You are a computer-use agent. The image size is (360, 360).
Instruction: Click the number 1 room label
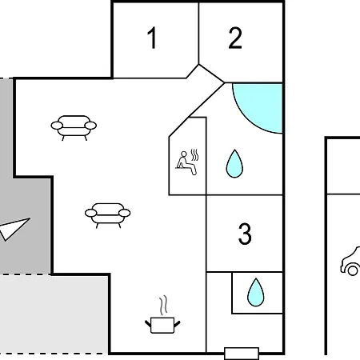(152, 38)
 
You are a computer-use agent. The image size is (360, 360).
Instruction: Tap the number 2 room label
(235, 38)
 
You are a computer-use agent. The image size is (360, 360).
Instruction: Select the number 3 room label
(245, 234)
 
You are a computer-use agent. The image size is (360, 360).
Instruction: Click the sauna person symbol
(186, 163)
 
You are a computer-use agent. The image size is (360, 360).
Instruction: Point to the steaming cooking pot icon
(162, 325)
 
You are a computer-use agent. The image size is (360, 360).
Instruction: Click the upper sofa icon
(74, 128)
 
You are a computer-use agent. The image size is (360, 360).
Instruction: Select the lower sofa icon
(108, 215)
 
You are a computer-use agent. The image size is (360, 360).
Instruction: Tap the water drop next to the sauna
(234, 163)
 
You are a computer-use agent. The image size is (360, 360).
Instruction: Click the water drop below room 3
(256, 292)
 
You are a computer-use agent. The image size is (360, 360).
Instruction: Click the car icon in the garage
(350, 262)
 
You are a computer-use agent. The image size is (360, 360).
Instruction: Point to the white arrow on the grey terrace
(14, 229)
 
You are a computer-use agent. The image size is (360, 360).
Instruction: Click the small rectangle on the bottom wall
(242, 354)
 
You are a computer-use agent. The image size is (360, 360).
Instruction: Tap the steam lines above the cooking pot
(163, 306)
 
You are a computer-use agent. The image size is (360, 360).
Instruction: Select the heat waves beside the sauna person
(195, 155)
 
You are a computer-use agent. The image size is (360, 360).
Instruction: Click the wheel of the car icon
(353, 270)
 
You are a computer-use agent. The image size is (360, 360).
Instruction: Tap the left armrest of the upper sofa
(57, 126)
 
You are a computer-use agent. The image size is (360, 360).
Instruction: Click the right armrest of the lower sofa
(125, 213)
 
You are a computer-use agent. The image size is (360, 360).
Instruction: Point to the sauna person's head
(184, 154)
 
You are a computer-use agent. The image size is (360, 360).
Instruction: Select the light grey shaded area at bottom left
(54, 314)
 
